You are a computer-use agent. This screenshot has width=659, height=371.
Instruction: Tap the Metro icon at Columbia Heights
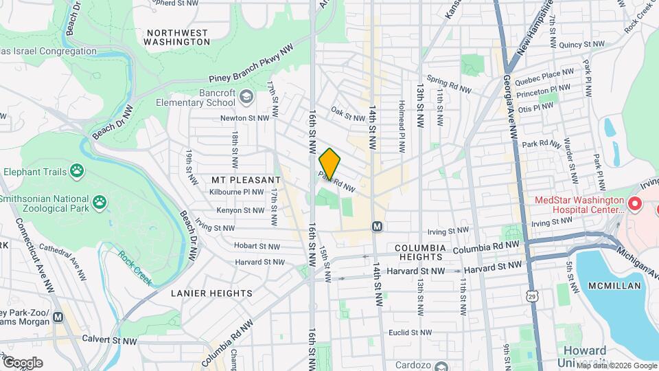(377, 226)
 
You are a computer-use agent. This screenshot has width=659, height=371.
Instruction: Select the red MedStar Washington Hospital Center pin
(634, 204)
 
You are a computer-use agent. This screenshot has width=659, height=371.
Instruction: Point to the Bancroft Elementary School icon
(246, 98)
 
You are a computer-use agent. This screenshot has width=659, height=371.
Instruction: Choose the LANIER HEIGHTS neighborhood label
(211, 293)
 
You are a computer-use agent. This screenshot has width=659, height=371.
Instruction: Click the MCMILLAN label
(614, 285)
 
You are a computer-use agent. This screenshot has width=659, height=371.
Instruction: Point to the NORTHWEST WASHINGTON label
(177, 37)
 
